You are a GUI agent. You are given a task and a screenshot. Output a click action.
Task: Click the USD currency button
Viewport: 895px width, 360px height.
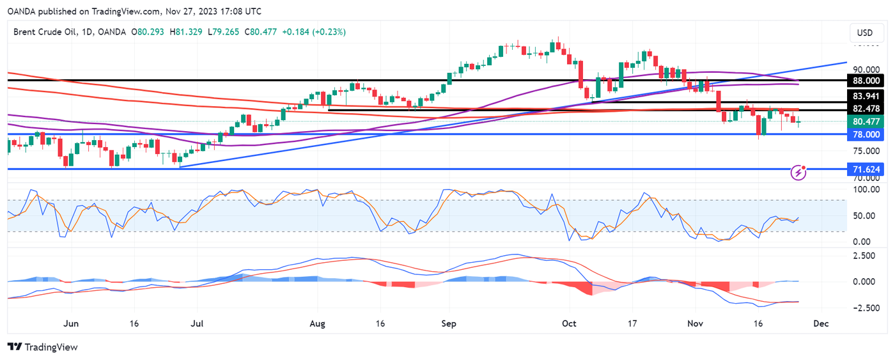click(864, 33)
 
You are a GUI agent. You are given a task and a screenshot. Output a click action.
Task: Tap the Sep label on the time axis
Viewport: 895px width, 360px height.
click(449, 324)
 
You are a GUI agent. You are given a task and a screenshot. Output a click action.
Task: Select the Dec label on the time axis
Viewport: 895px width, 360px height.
click(821, 324)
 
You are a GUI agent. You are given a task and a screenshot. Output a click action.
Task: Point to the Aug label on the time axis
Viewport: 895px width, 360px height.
click(318, 324)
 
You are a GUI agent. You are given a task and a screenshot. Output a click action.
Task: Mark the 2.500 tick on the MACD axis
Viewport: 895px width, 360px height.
click(864, 256)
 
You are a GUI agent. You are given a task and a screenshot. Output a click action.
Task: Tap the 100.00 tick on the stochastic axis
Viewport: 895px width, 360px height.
click(864, 190)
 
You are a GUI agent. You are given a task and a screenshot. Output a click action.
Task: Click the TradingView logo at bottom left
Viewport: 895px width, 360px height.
click(42, 347)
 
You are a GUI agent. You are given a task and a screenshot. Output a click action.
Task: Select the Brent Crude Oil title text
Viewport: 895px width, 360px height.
click(44, 32)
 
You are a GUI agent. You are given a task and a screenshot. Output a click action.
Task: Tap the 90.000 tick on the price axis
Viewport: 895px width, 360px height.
click(864, 70)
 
